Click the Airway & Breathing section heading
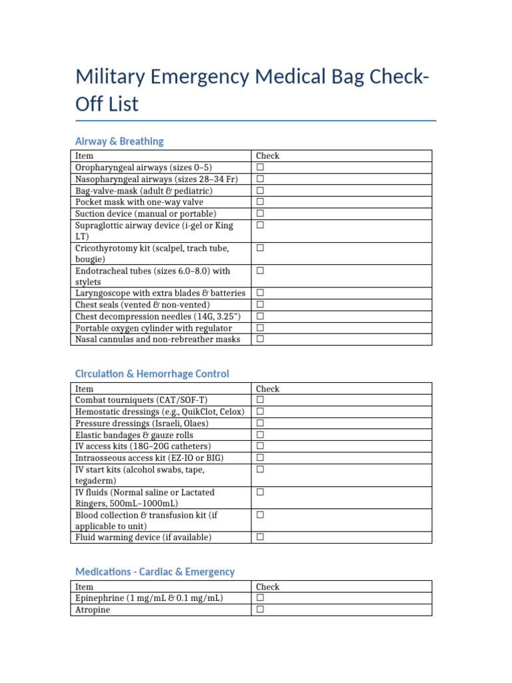click(119, 141)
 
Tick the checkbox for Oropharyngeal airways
click(261, 167)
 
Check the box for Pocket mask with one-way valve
click(261, 201)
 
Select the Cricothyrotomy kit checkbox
click(261, 248)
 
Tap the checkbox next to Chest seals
click(261, 305)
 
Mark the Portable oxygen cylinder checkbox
click(261, 328)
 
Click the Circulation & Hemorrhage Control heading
click(152, 374)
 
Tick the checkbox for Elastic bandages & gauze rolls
click(261, 435)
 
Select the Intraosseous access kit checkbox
click(261, 458)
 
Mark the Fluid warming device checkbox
click(261, 538)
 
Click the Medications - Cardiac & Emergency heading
click(155, 572)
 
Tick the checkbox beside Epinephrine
click(261, 598)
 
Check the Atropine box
click(261, 610)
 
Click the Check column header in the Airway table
click(267, 156)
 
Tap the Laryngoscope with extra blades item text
click(160, 293)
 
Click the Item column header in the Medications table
click(85, 587)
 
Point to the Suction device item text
click(146, 213)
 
